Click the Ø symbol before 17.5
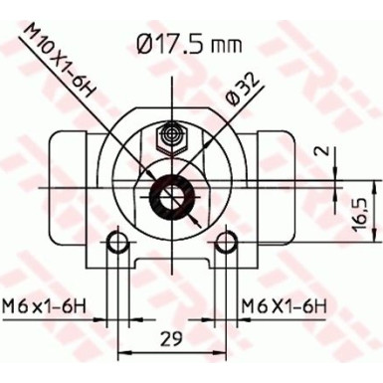(141, 43)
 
